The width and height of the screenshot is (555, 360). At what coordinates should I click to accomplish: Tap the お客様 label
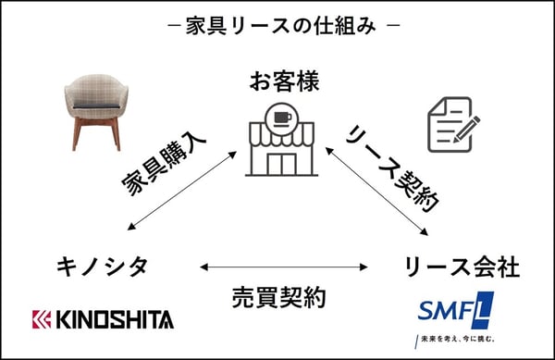point(284,81)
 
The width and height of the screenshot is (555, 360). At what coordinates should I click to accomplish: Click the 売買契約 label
point(277,299)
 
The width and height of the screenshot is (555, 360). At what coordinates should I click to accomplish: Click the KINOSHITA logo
point(103,319)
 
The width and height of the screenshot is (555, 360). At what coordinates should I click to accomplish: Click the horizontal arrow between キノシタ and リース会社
point(277,267)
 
